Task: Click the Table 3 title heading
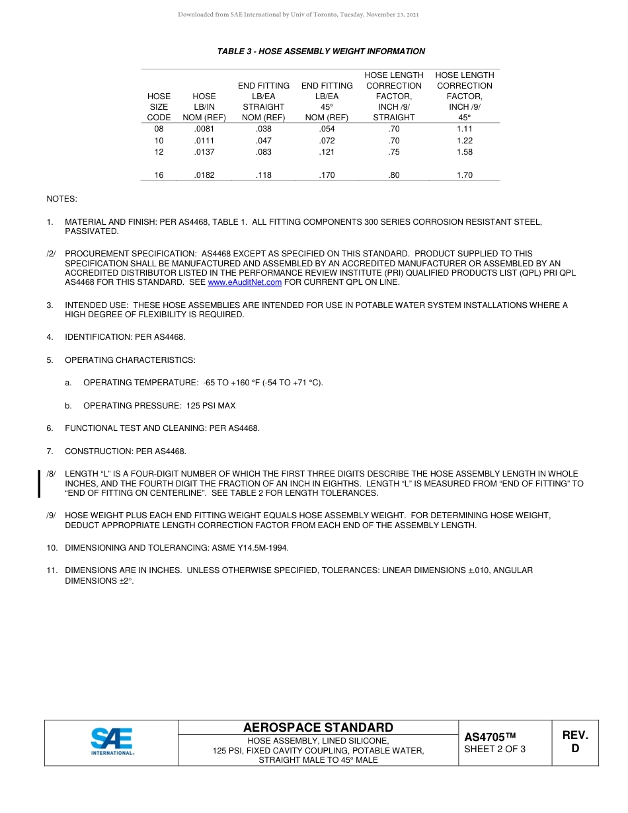tap(321, 52)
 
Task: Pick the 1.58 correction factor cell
tap(465, 152)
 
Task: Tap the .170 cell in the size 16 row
tap(327, 175)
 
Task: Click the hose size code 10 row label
tap(159, 141)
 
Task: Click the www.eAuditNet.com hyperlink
tap(245, 282)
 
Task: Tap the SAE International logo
tap(112, 742)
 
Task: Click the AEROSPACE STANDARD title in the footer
tap(318, 727)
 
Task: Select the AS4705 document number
tap(489, 737)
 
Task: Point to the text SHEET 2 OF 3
tap(495, 749)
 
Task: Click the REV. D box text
tap(574, 742)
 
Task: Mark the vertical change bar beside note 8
tap(39, 483)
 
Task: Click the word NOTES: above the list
tap(61, 198)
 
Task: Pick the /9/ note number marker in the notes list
tap(51, 515)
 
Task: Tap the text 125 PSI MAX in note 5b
tap(211, 405)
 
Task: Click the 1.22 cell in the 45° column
tap(465, 141)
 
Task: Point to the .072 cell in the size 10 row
tap(327, 141)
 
